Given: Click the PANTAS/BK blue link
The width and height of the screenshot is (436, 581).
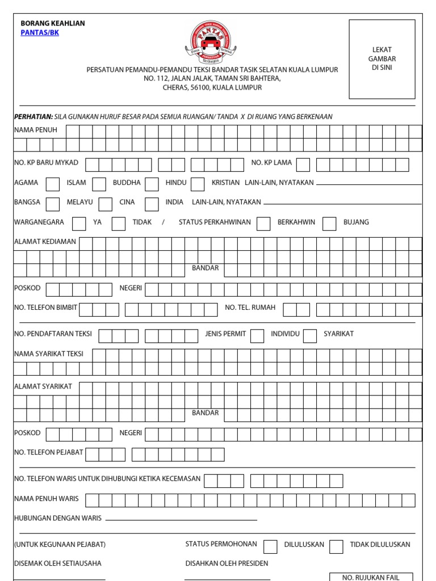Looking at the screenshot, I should pyautogui.click(x=40, y=33).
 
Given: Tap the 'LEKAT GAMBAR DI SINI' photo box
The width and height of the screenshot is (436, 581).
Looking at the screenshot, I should pyautogui.click(x=381, y=59).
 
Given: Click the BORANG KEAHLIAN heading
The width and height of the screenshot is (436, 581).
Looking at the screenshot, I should pyautogui.click(x=53, y=23).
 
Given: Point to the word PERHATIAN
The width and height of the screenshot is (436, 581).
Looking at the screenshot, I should pyautogui.click(x=33, y=117).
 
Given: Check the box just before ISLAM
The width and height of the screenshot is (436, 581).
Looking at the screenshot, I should pyautogui.click(x=52, y=184).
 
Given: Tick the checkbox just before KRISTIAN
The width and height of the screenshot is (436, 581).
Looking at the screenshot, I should pyautogui.click(x=198, y=184).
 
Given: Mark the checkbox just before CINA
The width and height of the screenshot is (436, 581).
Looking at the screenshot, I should pyautogui.click(x=105, y=204).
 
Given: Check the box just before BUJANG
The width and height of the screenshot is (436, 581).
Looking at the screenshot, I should pyautogui.click(x=329, y=224).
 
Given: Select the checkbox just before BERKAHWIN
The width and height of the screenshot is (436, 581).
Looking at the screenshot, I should pyautogui.click(x=263, y=224).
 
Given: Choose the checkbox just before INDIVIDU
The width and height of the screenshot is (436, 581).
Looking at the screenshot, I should pyautogui.click(x=257, y=336).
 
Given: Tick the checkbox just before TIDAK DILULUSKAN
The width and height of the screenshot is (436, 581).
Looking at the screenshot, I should pyautogui.click(x=336, y=546).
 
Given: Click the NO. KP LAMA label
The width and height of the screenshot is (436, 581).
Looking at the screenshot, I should pyautogui.click(x=271, y=163).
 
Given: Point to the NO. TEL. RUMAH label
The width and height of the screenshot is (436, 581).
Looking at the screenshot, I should pyautogui.click(x=250, y=308).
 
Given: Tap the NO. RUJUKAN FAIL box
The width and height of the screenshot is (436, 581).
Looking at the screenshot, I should pyautogui.click(x=371, y=577).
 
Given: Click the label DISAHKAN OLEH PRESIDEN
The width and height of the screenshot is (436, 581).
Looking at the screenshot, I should pyautogui.click(x=227, y=563).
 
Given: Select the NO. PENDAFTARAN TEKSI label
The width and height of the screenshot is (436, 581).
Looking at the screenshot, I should pyautogui.click(x=53, y=334).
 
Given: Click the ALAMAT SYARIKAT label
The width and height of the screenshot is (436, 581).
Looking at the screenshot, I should pyautogui.click(x=43, y=386).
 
